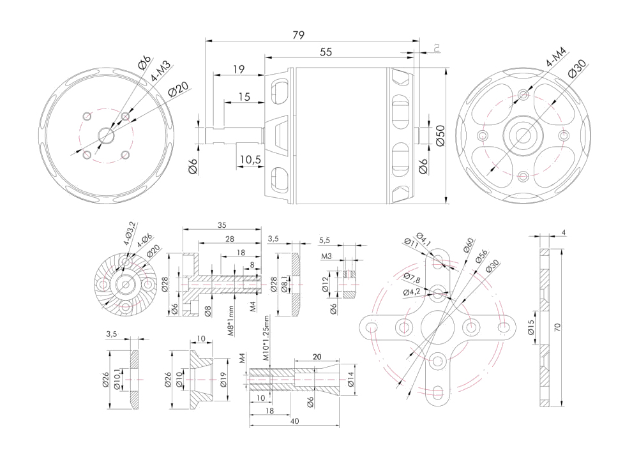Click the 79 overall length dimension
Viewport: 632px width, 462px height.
pos(298,35)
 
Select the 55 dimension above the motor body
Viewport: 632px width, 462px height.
pos(326,52)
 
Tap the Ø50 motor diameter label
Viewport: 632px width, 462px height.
pos(440,135)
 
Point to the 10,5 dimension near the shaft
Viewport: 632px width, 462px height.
pos(250,160)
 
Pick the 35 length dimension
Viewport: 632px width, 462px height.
pos(222,225)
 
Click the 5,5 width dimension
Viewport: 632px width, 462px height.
pos(324,241)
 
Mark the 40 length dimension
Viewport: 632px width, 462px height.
pos(294,421)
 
